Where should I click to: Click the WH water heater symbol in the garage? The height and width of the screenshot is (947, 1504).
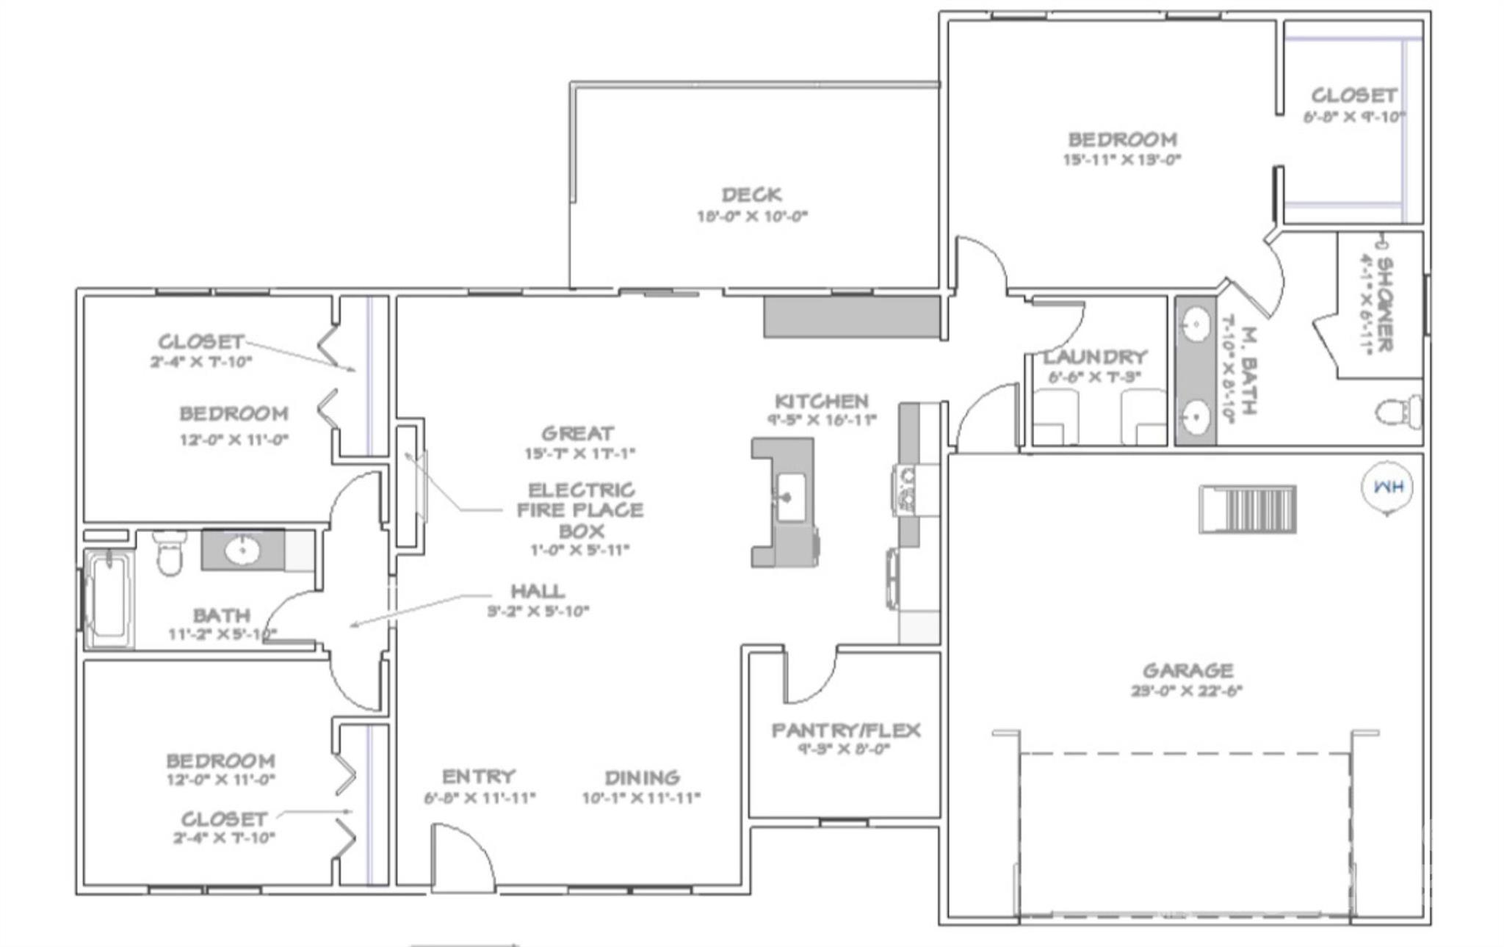coord(1386,487)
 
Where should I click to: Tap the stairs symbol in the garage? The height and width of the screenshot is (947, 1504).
coord(1248,509)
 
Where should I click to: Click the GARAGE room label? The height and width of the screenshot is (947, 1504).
coord(1187,670)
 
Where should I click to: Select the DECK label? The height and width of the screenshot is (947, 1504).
coord(751,195)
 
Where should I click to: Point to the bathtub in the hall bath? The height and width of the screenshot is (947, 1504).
coord(109,598)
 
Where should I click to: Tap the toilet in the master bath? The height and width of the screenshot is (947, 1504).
coord(1398,412)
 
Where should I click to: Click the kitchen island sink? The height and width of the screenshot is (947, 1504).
coord(791,498)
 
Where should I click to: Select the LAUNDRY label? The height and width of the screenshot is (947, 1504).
coord(1095,358)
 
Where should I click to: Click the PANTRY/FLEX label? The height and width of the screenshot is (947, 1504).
coord(845,730)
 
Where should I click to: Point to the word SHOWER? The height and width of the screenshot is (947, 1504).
coord(1384,304)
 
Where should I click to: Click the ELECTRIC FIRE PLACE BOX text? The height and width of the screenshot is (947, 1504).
coord(580,510)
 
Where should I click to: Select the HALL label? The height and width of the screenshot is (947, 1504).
coord(538,591)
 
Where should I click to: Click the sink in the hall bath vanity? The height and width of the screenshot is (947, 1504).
coord(241,549)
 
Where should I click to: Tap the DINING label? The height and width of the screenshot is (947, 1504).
coord(642,777)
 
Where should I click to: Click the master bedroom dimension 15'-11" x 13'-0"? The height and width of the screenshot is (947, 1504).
coord(1122,159)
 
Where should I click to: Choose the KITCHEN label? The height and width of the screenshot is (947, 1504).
coord(822,402)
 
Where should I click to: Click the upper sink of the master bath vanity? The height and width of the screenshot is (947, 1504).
coord(1196,324)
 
